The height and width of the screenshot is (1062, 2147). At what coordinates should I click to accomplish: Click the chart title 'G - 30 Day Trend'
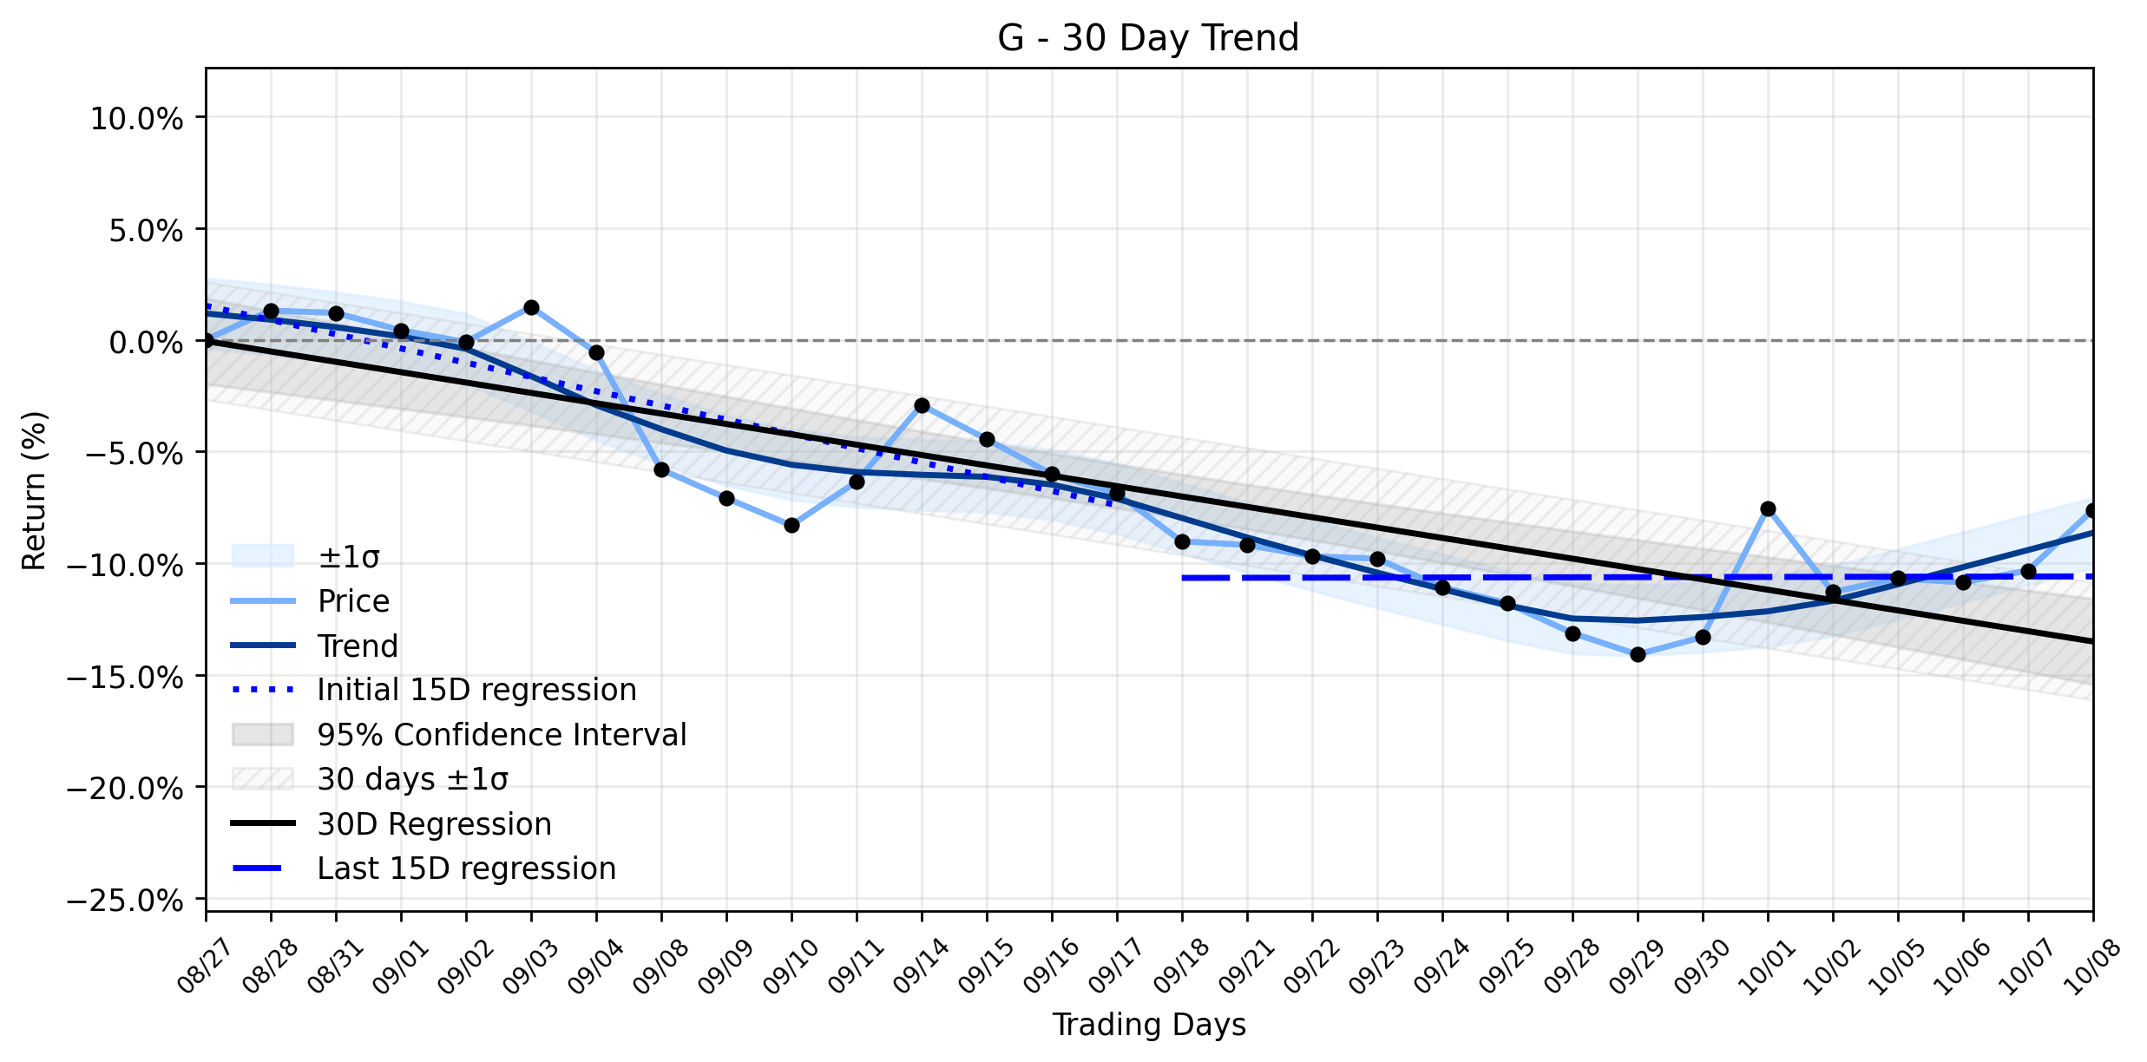(x=1148, y=38)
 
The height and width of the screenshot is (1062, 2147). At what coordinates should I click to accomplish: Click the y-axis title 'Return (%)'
(x=34, y=491)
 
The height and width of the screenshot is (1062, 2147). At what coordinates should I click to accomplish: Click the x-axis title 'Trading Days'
(x=1149, y=1025)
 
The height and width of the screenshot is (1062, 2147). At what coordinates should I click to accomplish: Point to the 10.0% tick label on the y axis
(x=136, y=119)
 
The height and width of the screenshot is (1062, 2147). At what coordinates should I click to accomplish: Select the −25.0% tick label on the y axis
(x=125, y=901)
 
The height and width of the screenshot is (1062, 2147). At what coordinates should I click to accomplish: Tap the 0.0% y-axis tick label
(x=146, y=343)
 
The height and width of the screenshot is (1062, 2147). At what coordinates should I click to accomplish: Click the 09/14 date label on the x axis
(x=922, y=966)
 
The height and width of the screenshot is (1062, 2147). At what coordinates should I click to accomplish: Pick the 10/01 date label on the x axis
(x=1766, y=966)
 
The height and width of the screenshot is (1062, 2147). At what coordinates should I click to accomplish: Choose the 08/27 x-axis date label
(x=206, y=966)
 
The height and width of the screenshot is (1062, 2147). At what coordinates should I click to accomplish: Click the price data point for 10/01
(x=1768, y=508)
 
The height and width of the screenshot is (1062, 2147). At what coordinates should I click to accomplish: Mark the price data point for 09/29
(x=1638, y=654)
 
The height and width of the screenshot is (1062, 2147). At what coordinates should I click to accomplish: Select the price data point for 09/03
(x=531, y=307)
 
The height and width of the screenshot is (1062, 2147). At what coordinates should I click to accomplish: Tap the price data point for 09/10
(x=791, y=525)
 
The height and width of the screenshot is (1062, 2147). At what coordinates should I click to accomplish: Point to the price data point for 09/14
(x=922, y=405)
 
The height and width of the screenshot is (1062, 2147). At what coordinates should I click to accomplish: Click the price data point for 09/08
(x=661, y=469)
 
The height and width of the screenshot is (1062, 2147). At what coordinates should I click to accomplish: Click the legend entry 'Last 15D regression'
(x=423, y=869)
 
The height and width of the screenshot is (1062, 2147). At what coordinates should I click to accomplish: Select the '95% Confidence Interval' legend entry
(x=459, y=735)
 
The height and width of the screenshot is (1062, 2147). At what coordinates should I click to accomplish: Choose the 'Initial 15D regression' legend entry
(x=434, y=690)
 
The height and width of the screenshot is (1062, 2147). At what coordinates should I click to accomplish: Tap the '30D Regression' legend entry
(x=391, y=823)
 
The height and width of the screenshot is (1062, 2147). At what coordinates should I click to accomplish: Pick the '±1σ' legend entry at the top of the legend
(x=305, y=556)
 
